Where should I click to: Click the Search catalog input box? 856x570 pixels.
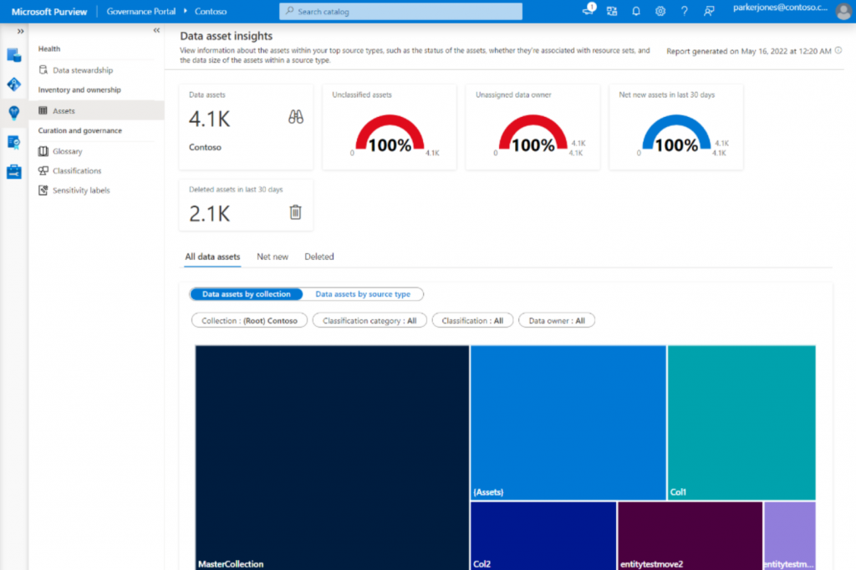pos(400,12)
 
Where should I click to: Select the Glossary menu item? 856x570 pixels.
pos(67,151)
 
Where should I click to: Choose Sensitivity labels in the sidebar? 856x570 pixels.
pos(81,190)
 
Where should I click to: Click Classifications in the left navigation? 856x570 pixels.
pos(77,170)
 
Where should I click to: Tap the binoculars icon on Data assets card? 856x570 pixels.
pos(295,118)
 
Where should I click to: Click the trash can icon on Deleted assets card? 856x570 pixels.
pos(295,212)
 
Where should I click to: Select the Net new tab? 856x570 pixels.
pos(273,257)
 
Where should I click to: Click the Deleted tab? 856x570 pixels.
pos(318,257)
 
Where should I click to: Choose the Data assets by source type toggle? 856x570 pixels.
pos(363,294)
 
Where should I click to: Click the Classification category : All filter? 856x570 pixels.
pos(369,320)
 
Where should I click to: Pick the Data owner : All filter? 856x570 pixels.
pos(556,320)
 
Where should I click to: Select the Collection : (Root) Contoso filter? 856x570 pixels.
pos(249,320)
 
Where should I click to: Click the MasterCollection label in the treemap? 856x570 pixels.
pos(231,563)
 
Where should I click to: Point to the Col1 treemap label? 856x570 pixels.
pos(678,492)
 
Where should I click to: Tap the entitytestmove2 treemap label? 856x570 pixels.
pos(651,563)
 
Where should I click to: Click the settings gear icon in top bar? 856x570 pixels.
pos(660,12)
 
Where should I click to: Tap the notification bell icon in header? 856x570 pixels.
pos(636,12)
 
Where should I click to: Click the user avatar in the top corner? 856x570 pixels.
pos(843,12)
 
